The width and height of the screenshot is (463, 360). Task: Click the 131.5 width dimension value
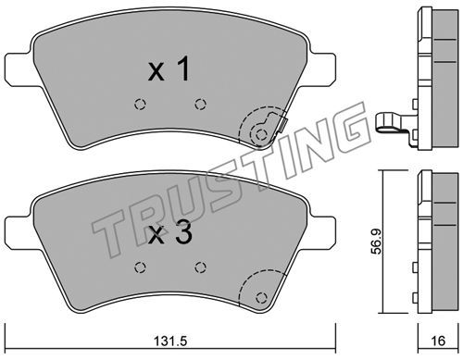pyautogui.click(x=170, y=341)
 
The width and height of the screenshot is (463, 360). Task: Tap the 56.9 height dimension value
pyautogui.click(x=376, y=242)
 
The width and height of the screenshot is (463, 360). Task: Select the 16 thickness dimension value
pyautogui.click(x=438, y=341)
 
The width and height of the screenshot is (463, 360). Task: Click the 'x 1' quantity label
pyautogui.click(x=169, y=69)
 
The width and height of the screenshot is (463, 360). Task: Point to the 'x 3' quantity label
pyautogui.click(x=170, y=233)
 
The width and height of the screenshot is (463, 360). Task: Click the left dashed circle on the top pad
pyautogui.click(x=140, y=105)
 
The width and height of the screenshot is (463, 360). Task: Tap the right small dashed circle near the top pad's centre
pyautogui.click(x=201, y=105)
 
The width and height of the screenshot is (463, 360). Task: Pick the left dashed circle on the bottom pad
pyautogui.click(x=140, y=267)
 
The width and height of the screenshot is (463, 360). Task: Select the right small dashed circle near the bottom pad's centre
pyautogui.click(x=201, y=267)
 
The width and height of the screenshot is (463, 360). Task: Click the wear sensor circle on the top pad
pyautogui.click(x=261, y=134)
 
